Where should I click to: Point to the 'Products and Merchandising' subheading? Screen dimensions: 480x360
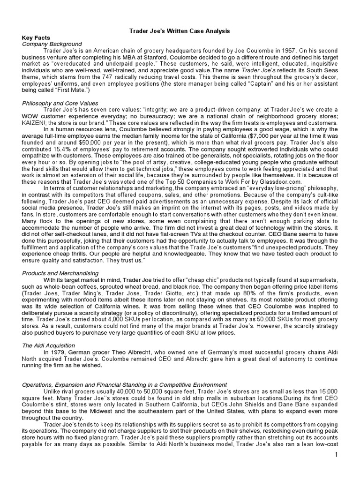coord(60,273)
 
